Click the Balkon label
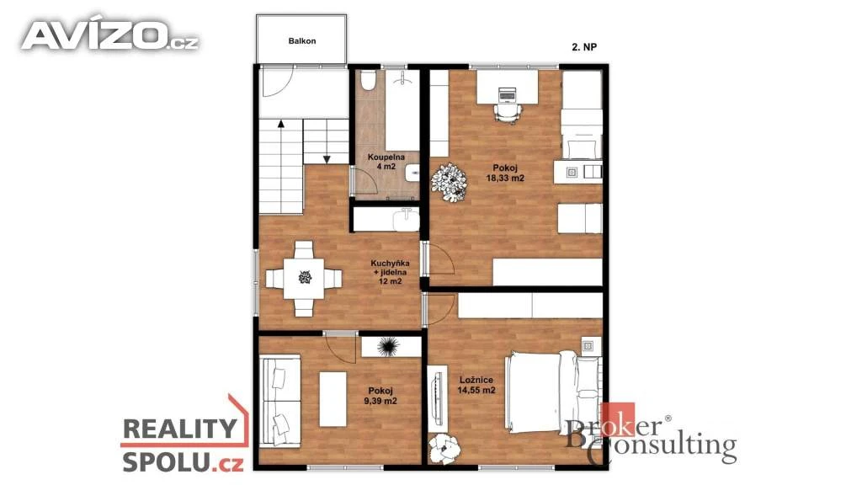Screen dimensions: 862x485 [x=302, y=40]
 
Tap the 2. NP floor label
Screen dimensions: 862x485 [x=584, y=47]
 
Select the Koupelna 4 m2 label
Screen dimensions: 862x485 [x=386, y=162]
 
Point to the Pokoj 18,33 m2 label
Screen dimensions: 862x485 [x=505, y=173]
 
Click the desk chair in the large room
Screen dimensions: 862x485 [x=507, y=112]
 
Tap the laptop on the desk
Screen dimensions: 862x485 [x=507, y=94]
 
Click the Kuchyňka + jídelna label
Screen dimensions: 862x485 [x=390, y=272]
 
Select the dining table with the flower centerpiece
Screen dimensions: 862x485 [x=304, y=278]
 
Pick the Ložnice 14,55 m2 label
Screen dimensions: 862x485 [x=476, y=385]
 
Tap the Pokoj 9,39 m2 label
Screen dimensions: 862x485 [x=380, y=396]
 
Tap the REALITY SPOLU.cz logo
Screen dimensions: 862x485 [x=184, y=435]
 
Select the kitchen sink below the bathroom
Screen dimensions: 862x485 [x=407, y=220]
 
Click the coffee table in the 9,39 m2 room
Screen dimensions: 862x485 [x=333, y=399]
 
